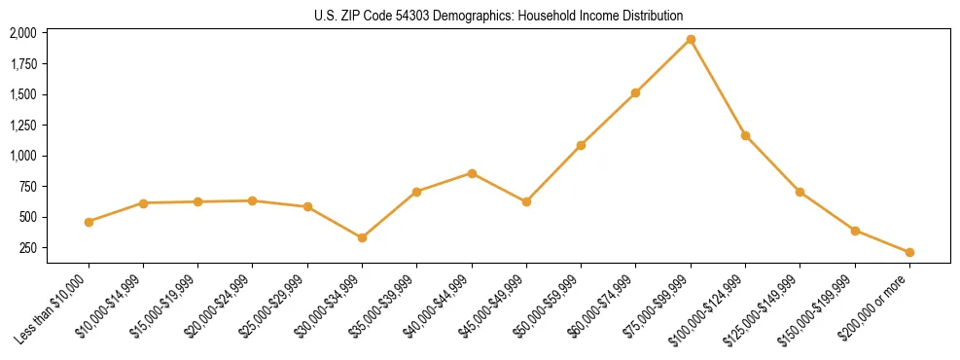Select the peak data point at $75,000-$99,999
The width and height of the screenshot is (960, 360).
tap(691, 40)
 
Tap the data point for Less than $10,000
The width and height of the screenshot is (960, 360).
tap(89, 222)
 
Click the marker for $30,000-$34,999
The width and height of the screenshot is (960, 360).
tap(362, 237)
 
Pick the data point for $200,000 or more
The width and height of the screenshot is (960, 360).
tap(909, 252)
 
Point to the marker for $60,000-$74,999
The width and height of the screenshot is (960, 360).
tap(635, 93)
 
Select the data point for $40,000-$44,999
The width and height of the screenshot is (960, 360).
tap(472, 173)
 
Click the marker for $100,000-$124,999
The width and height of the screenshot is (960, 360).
tap(745, 135)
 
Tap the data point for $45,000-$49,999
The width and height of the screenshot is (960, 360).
tap(526, 202)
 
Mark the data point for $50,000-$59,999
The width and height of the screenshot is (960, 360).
tap(581, 145)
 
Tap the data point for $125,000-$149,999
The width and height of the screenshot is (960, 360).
tap(800, 192)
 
